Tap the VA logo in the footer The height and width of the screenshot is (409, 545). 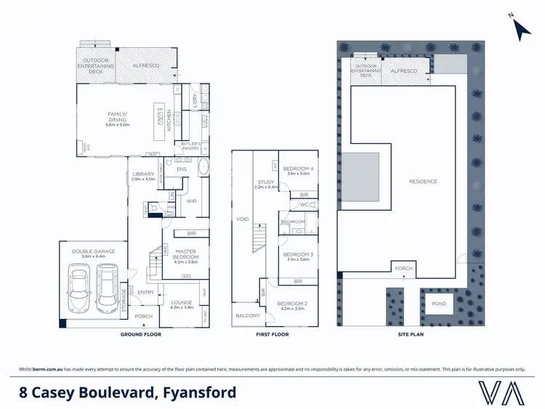(500, 393)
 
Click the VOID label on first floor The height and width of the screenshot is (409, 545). (242, 218)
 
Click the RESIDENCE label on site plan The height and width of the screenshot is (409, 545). (423, 181)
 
